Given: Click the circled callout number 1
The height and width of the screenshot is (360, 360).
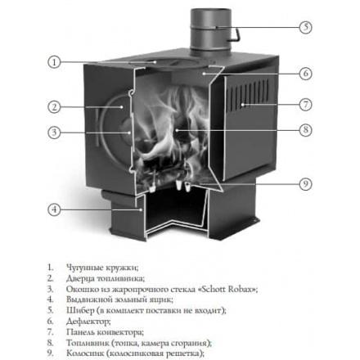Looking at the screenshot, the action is click(x=54, y=62).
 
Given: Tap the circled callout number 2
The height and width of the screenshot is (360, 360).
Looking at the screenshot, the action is click(x=54, y=106).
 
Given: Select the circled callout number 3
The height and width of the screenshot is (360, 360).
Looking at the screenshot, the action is click(x=54, y=133).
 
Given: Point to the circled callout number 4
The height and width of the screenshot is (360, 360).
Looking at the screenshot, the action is click(x=54, y=209).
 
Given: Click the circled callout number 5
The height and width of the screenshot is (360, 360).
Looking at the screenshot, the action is click(x=305, y=27).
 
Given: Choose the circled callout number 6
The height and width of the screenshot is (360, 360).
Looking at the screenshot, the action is click(x=305, y=74).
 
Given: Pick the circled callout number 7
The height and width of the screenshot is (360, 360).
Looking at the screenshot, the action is click(x=305, y=105).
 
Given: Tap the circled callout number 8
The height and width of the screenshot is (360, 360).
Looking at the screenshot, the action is click(x=305, y=130).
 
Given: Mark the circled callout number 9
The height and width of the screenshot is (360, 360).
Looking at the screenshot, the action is click(x=305, y=184).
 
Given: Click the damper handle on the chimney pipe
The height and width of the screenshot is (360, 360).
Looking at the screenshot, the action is click(x=236, y=34).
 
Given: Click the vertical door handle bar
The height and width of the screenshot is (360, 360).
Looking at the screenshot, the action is click(x=97, y=128).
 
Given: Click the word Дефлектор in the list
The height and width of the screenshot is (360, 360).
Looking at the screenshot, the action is click(x=88, y=322).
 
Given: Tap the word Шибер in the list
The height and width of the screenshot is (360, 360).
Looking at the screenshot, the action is click(x=80, y=311).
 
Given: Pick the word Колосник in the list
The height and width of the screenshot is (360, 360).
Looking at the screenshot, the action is click(x=85, y=353).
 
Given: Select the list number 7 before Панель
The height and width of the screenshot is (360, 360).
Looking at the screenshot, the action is click(x=50, y=332).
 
